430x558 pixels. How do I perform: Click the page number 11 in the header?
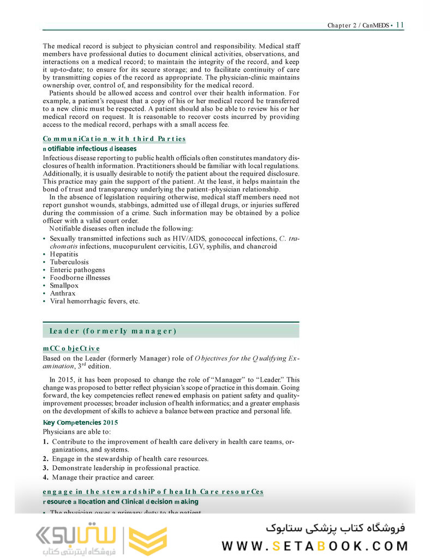point(399,25)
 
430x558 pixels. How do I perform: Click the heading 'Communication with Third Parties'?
point(114,139)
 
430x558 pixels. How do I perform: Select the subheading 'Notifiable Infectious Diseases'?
point(89,148)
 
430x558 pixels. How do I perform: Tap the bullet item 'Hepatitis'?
point(64,254)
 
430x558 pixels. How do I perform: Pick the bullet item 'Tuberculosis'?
point(69,262)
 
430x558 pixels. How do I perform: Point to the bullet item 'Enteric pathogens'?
point(77,270)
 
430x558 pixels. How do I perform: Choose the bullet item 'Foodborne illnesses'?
point(80,278)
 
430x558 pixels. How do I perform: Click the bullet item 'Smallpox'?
point(64,285)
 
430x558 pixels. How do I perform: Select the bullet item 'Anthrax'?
point(63,293)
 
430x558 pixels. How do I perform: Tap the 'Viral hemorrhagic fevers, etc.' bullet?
point(94,301)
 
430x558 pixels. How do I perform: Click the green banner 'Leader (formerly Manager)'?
point(170,331)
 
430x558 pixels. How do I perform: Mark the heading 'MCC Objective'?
point(71,349)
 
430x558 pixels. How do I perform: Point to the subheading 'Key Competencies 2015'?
point(80,423)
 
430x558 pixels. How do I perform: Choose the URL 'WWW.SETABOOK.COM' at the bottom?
point(315,546)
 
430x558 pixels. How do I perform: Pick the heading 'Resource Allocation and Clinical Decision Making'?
point(121,502)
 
